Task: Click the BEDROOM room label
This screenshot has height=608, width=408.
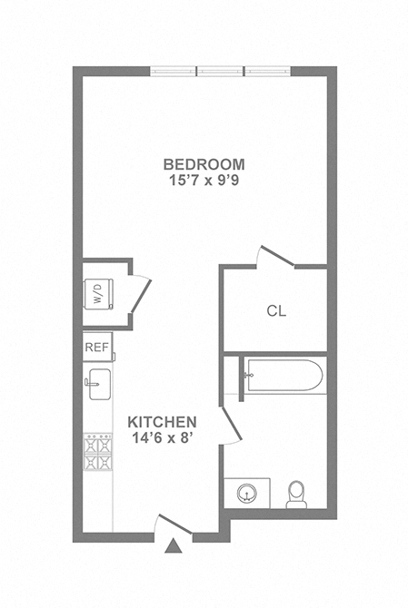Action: click(x=204, y=164)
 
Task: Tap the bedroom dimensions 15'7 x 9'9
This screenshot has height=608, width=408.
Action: click(x=204, y=181)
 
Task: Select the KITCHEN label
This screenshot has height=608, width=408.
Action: click(x=162, y=422)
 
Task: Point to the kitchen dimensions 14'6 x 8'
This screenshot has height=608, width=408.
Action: click(x=162, y=438)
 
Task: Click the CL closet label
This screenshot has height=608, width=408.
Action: click(x=276, y=311)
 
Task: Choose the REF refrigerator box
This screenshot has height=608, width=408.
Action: click(x=96, y=347)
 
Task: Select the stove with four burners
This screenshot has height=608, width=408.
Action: click(x=97, y=452)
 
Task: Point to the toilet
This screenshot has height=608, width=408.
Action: click(x=296, y=495)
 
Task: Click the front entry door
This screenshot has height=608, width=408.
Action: click(x=170, y=524)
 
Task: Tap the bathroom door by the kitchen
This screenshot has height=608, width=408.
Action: click(x=232, y=427)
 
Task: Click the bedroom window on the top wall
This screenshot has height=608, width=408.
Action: click(x=221, y=71)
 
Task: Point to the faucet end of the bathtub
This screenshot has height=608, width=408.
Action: click(x=249, y=377)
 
